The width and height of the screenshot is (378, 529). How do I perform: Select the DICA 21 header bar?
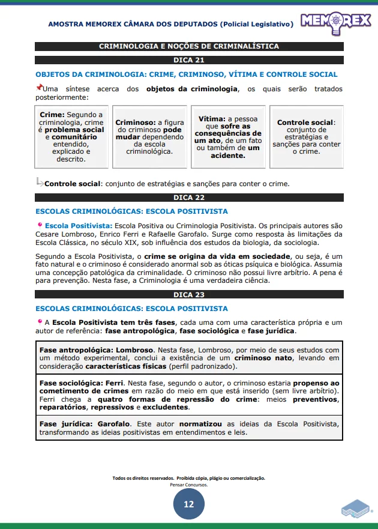(x=189, y=60)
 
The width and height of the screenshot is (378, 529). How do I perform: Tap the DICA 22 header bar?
(x=189, y=198)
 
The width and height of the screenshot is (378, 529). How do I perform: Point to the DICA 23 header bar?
(x=189, y=295)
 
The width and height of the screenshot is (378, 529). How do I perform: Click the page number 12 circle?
(x=189, y=504)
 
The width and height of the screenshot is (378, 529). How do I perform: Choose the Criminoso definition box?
(x=149, y=137)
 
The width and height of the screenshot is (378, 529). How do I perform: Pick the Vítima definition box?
(x=229, y=137)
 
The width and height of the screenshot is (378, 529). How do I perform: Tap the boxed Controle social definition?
(x=307, y=137)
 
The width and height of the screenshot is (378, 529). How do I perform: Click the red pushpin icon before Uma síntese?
(x=39, y=88)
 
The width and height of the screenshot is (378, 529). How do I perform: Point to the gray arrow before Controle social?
(x=40, y=182)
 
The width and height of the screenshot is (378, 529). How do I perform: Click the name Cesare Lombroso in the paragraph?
(x=62, y=234)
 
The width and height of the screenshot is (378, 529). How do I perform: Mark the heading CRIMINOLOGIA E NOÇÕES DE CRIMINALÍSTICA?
(x=189, y=46)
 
